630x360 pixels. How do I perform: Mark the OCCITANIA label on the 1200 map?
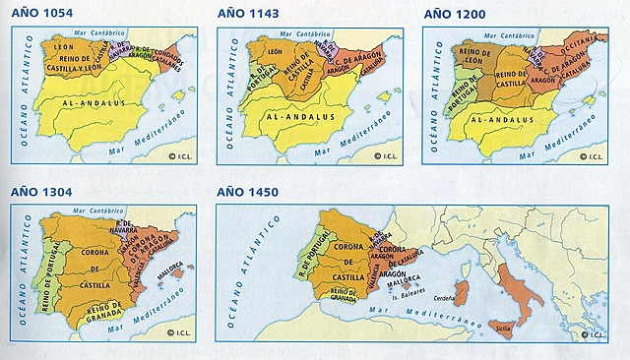click(582, 41)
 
